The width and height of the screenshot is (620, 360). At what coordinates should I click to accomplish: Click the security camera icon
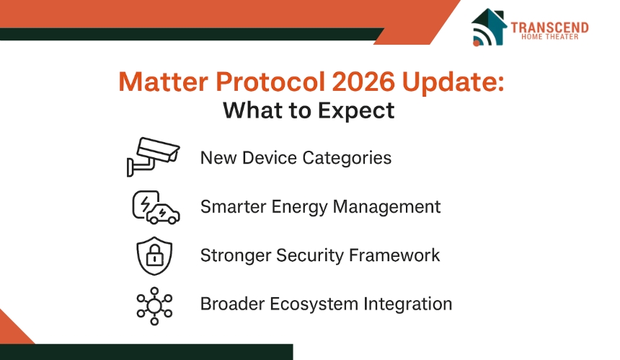pyautogui.click(x=153, y=157)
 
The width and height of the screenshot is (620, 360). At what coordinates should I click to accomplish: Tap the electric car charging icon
pyautogui.click(x=156, y=208)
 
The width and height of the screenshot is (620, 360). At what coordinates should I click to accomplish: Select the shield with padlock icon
pyautogui.click(x=154, y=256)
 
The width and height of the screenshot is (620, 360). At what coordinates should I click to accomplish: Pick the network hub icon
pyautogui.click(x=154, y=306)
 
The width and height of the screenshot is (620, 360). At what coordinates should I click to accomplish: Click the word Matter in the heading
pyautogui.click(x=164, y=82)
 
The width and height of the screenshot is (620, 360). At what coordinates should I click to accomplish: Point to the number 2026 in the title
pyautogui.click(x=363, y=82)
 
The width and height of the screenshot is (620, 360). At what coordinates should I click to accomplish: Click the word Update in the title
pyautogui.click(x=453, y=83)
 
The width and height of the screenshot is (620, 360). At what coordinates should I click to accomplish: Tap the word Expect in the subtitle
pyautogui.click(x=356, y=111)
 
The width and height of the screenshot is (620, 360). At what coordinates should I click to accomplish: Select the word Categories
pyautogui.click(x=347, y=158)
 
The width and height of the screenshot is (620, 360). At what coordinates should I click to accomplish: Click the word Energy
pyautogui.click(x=300, y=207)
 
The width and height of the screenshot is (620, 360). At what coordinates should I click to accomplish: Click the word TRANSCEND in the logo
pyautogui.click(x=549, y=27)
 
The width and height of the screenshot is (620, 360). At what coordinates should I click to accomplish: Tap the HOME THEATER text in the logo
pyautogui.click(x=549, y=37)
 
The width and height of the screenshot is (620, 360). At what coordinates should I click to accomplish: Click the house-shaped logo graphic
pyautogui.click(x=489, y=27)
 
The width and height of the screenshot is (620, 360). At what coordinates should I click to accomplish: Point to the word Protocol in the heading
pyautogui.click(x=270, y=82)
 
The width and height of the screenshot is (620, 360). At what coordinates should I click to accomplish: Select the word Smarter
pyautogui.click(x=234, y=207)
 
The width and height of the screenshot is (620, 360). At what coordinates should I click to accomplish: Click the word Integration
pyautogui.click(x=407, y=304)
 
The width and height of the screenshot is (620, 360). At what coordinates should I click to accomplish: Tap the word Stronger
pyautogui.click(x=236, y=256)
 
